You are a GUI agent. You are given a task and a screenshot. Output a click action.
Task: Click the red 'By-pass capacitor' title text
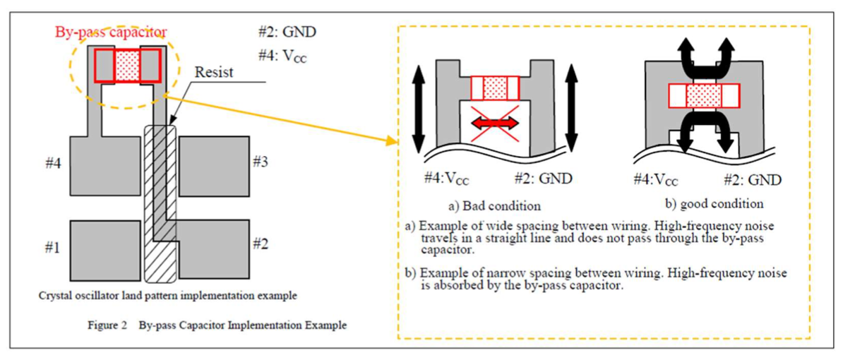tap(111, 32)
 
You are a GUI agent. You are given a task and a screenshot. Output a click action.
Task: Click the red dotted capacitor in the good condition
tap(702, 94)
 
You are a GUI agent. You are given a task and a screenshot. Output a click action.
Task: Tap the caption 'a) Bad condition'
tap(494, 205)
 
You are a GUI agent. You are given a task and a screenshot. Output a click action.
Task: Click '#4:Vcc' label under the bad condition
tap(448, 179)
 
